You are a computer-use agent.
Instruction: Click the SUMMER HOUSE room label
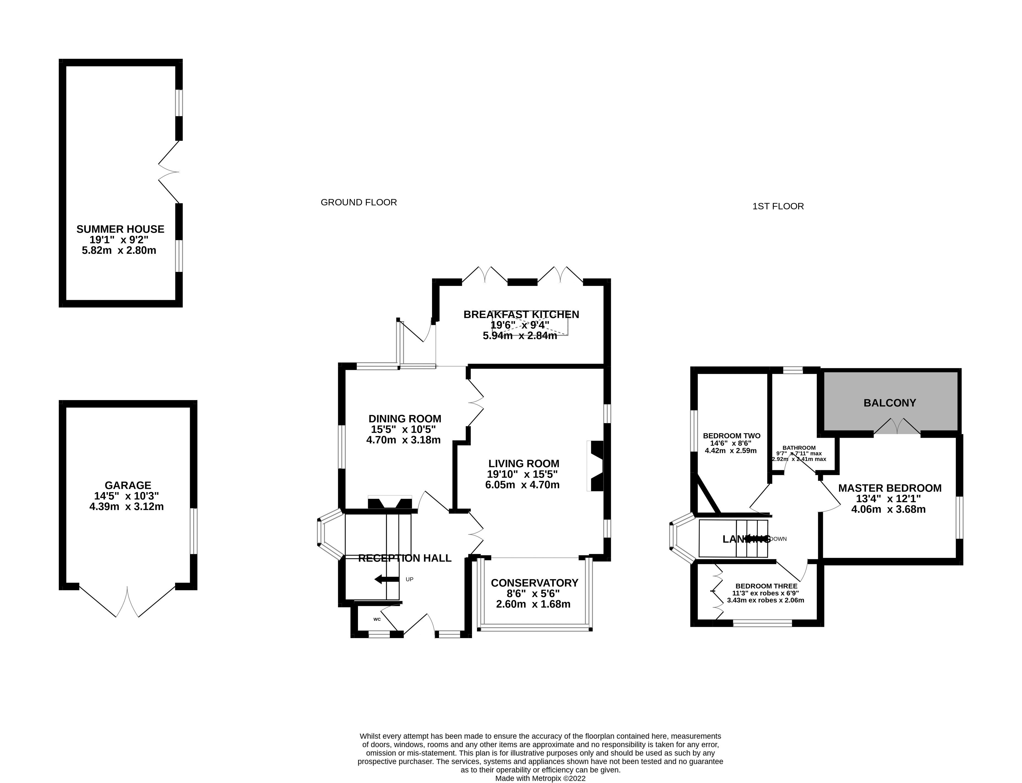pyautogui.click(x=120, y=229)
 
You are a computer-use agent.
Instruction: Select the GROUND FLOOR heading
pyautogui.click(x=358, y=202)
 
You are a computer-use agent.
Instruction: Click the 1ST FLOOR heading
pyautogui.click(x=778, y=206)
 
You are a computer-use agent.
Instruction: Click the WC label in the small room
pyautogui.click(x=377, y=619)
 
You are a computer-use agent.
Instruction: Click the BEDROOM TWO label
pyautogui.click(x=731, y=436)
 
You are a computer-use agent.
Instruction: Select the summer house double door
pyautogui.click(x=169, y=172)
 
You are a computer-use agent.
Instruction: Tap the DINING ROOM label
pyautogui.click(x=405, y=418)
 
